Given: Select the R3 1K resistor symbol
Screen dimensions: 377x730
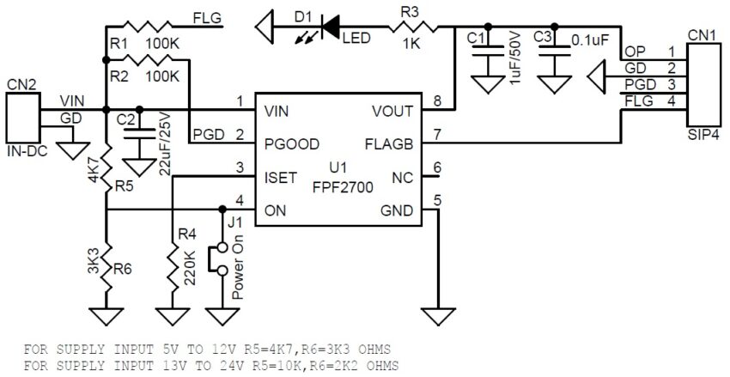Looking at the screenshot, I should (416, 27).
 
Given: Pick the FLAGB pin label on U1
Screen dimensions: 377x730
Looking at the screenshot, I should (395, 144).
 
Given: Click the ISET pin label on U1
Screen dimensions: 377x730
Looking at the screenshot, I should (282, 178).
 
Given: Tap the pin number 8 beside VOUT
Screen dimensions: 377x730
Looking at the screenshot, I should (437, 102).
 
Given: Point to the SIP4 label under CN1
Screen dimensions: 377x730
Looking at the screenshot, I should (703, 135).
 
